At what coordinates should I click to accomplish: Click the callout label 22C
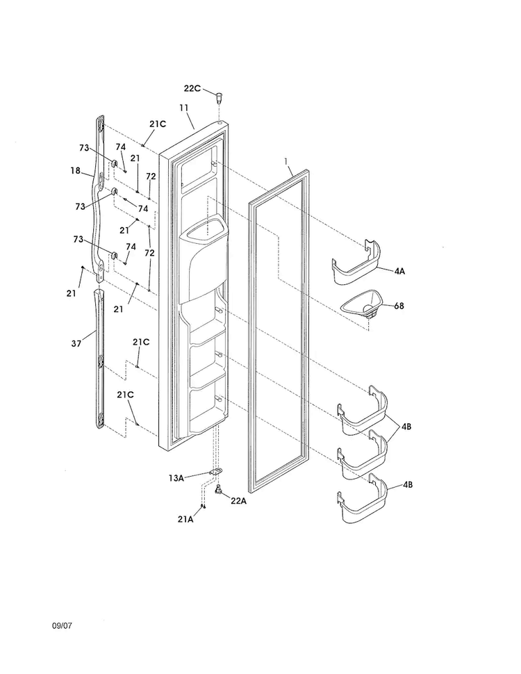[192, 88]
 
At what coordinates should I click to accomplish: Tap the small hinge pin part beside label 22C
[220, 97]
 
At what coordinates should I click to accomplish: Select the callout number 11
[184, 108]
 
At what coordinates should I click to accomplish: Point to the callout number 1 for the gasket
[286, 161]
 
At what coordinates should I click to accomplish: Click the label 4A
[399, 271]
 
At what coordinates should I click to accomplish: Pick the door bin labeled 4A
[356, 262]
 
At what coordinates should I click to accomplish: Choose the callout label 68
[399, 306]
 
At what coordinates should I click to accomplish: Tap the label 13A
[176, 477]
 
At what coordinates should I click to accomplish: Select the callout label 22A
[238, 501]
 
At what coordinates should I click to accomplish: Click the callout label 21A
[185, 519]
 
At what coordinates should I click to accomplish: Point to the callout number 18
[76, 171]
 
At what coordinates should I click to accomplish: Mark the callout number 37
[76, 343]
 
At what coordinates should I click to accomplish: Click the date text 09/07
[63, 625]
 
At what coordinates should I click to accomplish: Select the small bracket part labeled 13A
[215, 472]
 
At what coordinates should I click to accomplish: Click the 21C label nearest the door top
[158, 124]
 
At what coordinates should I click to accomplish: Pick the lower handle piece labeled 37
[99, 359]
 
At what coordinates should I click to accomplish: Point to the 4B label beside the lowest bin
[408, 484]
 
